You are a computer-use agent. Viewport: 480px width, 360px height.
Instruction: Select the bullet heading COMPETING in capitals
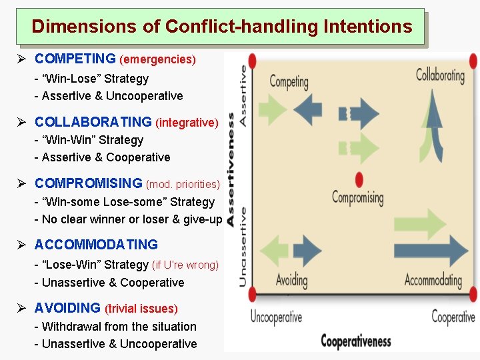click(75, 59)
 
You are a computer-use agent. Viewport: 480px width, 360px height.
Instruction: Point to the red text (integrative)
click(187, 123)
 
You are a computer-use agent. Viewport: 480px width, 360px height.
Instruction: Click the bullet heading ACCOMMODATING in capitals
click(96, 245)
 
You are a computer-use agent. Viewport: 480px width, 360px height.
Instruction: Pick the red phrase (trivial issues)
click(141, 309)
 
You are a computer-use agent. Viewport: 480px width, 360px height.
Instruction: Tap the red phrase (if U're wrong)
click(185, 265)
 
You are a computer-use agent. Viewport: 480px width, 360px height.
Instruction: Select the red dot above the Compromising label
click(360, 180)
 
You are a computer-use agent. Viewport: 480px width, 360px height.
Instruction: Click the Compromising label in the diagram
click(358, 198)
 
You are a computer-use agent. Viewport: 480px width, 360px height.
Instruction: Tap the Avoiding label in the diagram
click(292, 279)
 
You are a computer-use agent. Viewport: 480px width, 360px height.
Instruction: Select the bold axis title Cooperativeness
click(355, 341)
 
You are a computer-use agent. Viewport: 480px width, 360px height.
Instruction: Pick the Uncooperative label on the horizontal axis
click(276, 317)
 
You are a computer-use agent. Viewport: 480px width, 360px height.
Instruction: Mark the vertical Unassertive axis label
click(243, 247)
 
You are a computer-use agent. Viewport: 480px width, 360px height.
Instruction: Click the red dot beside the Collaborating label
click(473, 61)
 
